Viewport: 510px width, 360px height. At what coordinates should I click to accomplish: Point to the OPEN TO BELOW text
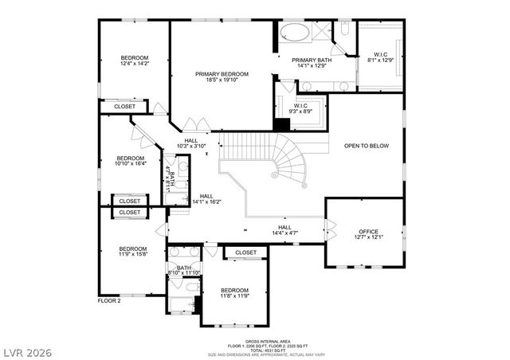[366, 146]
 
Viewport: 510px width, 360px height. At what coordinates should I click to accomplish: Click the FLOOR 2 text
[108, 301]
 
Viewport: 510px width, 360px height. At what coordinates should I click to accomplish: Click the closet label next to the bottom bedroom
[246, 252]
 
